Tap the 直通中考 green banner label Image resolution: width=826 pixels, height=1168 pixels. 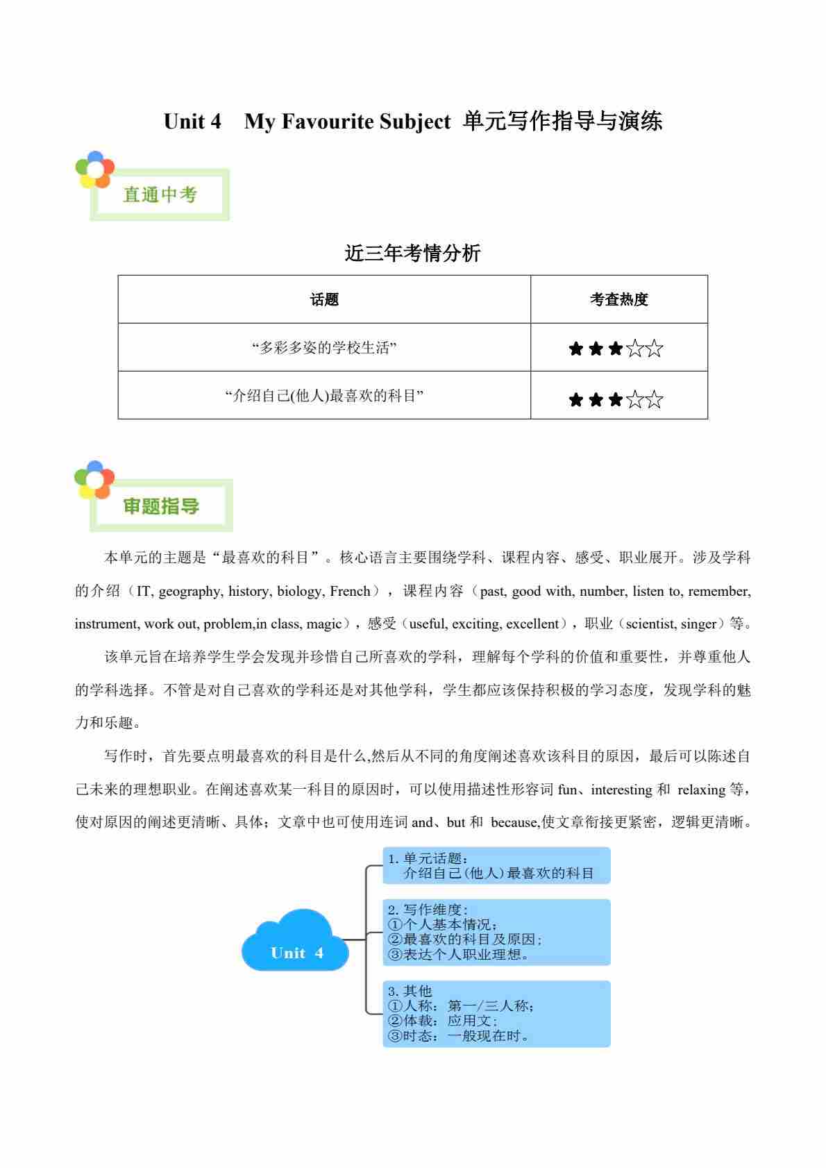click(160, 195)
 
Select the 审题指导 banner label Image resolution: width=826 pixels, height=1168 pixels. click(161, 506)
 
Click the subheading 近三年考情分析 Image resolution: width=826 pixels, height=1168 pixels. click(412, 253)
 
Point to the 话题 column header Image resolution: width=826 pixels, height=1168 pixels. click(324, 299)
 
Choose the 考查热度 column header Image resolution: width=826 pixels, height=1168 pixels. click(618, 299)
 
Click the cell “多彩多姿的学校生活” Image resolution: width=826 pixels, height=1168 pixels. click(324, 348)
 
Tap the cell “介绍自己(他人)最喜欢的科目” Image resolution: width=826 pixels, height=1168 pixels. click(324, 396)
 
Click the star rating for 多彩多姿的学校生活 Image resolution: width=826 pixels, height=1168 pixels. click(616, 349)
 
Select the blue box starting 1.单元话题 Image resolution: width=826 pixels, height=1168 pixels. click(496, 866)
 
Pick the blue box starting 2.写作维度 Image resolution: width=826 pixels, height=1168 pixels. click(496, 932)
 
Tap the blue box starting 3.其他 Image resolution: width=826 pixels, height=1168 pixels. click(496, 1013)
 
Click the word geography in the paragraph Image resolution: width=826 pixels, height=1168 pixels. click(189, 592)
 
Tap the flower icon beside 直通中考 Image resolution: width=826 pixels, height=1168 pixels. click(94, 169)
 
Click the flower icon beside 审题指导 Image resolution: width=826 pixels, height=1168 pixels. click(94, 479)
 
